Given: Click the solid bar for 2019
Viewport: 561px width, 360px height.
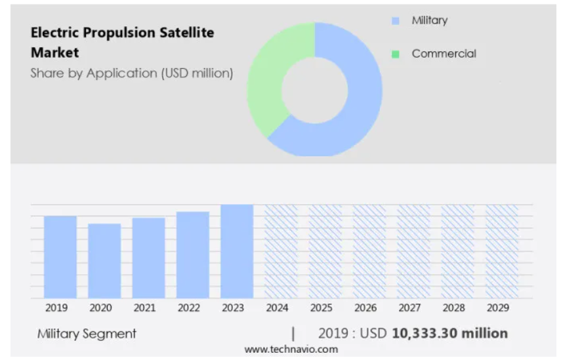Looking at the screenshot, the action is tap(60, 257).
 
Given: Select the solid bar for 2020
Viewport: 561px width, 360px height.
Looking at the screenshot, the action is tap(104, 261).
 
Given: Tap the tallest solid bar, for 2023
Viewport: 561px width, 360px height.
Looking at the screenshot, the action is tap(237, 251).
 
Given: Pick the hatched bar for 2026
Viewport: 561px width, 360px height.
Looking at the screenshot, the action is tap(369, 251).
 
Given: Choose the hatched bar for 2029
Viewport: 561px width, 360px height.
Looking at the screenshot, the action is tap(501, 251).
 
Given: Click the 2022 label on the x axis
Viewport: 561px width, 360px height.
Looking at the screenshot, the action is tap(188, 308).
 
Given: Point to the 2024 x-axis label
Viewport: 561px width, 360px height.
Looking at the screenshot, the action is tap(277, 308).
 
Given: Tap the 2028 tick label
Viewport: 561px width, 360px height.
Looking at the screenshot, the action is tap(453, 308).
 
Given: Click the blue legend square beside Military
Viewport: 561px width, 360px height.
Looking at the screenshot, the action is tap(396, 21).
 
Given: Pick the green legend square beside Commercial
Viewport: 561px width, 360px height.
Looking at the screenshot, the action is tap(396, 54).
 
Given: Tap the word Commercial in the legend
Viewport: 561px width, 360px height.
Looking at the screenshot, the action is tap(444, 54).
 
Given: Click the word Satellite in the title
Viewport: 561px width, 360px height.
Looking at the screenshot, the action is tap(187, 33).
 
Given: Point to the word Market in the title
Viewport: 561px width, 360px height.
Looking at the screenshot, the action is tap(54, 52).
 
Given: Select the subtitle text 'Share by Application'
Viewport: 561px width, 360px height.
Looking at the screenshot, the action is tap(94, 73).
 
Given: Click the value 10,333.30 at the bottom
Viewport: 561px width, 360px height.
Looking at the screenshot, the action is tap(424, 333).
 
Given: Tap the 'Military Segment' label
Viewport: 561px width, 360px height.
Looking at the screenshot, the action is tap(87, 334).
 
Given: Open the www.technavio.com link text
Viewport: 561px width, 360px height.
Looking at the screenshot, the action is tap(291, 350).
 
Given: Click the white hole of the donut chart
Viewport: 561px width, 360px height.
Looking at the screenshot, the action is tap(315, 90).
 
